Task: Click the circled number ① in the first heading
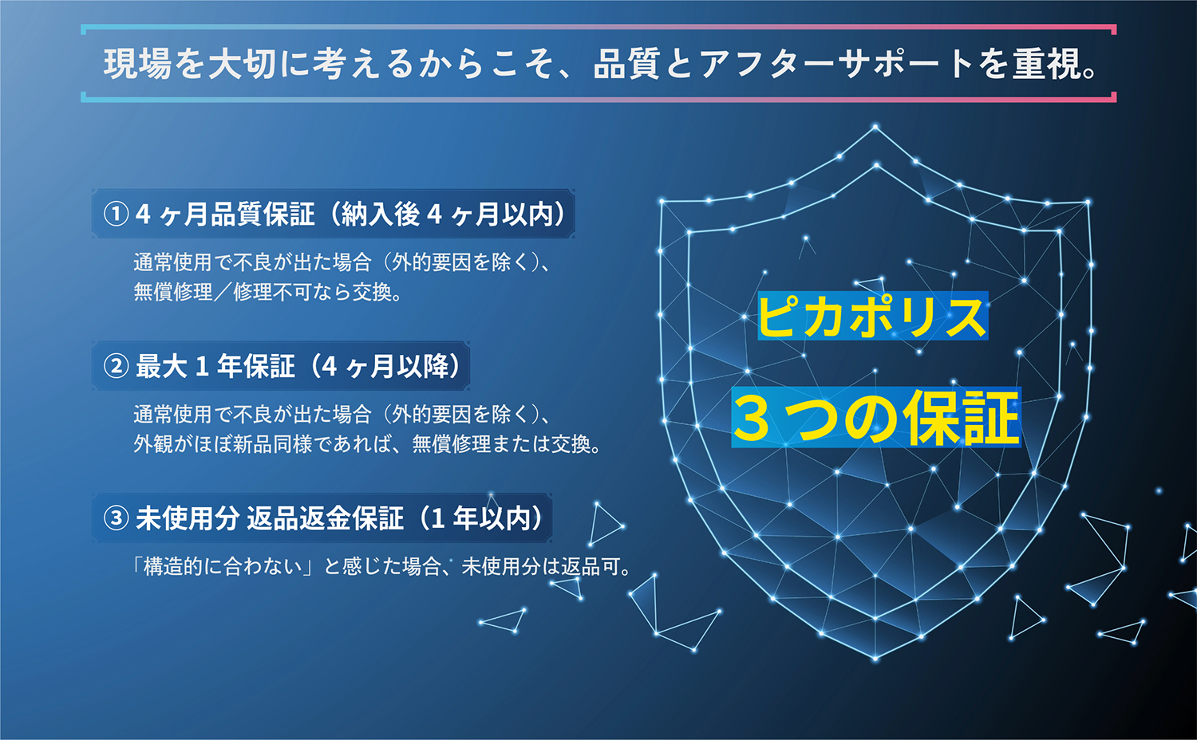pyautogui.click(x=116, y=214)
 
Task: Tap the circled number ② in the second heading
pyautogui.click(x=116, y=367)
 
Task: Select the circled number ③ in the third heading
pyautogui.click(x=116, y=518)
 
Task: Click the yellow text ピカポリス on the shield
pyautogui.click(x=872, y=316)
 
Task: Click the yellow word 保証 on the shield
pyautogui.click(x=961, y=418)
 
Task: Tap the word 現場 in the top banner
pyautogui.click(x=137, y=64)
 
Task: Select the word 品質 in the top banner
pyautogui.click(x=626, y=64)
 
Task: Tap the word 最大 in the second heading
pyautogui.click(x=161, y=367)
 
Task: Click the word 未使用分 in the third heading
pyautogui.click(x=188, y=518)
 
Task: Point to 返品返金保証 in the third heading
pyautogui.click(x=326, y=518)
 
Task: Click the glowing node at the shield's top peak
pyautogui.click(x=875, y=127)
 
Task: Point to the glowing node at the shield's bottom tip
pyautogui.click(x=875, y=659)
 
